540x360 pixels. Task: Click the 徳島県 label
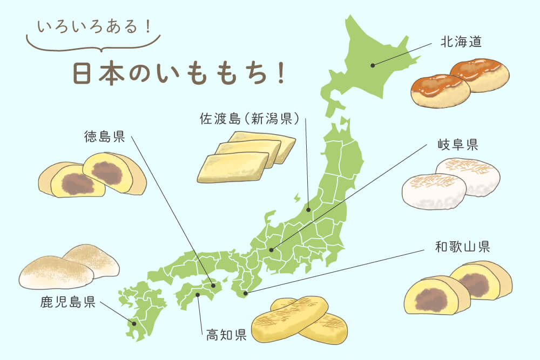(104, 136)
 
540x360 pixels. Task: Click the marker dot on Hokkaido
(373, 65)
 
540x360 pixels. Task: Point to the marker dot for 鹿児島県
(134, 324)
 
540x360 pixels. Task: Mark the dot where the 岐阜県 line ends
(272, 250)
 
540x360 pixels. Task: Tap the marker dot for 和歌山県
(246, 294)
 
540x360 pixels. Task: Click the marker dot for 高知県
(198, 295)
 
